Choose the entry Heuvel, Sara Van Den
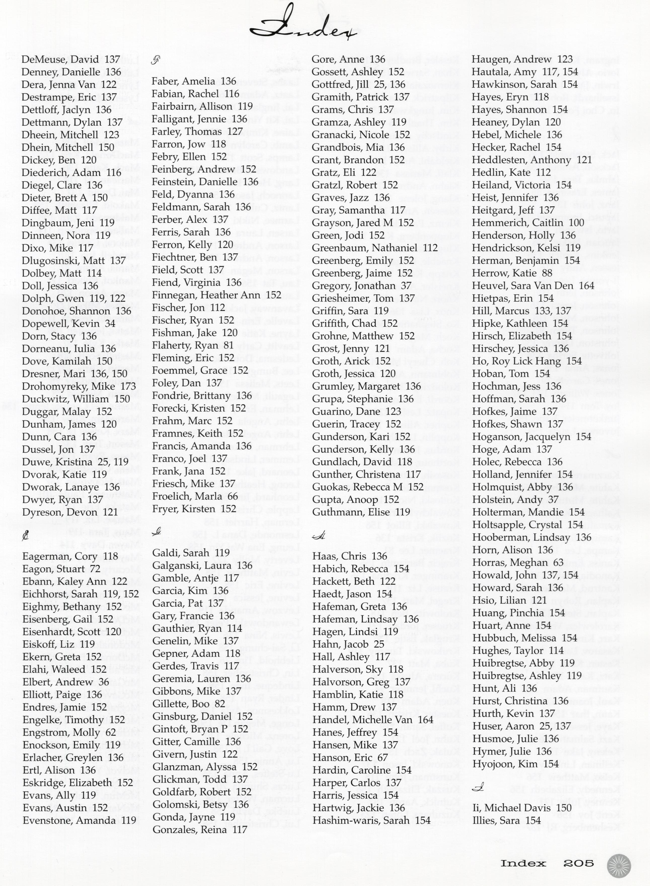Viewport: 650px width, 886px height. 533,286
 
